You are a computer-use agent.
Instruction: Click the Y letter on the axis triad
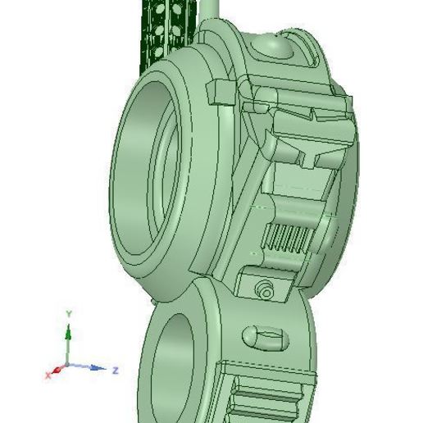tap(70, 314)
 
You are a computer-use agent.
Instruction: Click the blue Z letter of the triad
tap(116, 371)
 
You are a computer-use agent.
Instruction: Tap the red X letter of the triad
tap(48, 374)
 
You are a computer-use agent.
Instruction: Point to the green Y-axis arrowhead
tap(69, 330)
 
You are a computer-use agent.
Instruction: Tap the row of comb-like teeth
tap(287, 239)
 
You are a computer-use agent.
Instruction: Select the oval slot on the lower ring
tap(264, 336)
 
